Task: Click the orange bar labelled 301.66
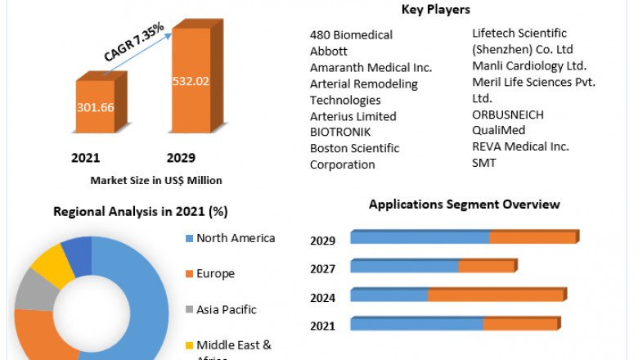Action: point(96,106)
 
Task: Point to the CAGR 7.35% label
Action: point(134,43)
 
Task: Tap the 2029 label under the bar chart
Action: point(181,158)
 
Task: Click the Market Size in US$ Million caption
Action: point(155,180)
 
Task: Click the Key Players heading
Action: point(434,10)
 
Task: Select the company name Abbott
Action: point(330,51)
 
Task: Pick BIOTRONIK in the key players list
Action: point(340,132)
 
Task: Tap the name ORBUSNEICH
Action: point(508,115)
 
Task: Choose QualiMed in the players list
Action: point(499,130)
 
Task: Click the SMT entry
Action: point(484,163)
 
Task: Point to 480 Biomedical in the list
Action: point(351,34)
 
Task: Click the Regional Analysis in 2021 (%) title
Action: point(140,211)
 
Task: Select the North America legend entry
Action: point(236,238)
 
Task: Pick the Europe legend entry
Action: point(215,273)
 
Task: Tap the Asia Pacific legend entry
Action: point(226,309)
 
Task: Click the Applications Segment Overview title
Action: point(464,204)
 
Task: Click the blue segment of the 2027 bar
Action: point(404,267)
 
